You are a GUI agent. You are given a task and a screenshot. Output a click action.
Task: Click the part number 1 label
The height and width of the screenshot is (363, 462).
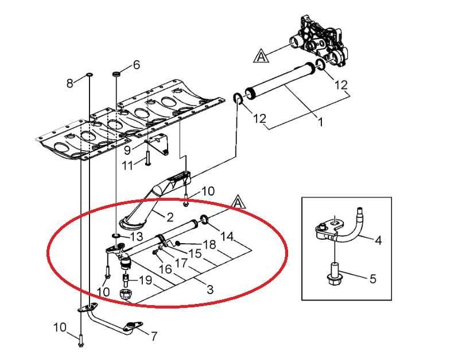[x=320, y=122]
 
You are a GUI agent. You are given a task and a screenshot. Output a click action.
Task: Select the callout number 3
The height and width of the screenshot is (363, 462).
[x=210, y=290]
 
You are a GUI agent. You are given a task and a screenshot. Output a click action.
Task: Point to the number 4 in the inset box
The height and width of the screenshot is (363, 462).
[x=378, y=240]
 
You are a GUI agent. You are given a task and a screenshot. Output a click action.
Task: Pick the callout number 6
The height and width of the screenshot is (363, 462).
[x=136, y=65]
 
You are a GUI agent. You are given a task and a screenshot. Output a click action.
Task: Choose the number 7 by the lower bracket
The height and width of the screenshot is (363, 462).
[x=153, y=336]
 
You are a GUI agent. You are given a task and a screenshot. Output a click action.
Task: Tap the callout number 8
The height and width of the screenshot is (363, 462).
[x=69, y=83]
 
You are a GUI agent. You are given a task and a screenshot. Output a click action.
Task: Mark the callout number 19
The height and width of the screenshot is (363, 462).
[x=146, y=280]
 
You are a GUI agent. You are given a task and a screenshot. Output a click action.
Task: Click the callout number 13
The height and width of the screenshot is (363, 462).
[x=136, y=236]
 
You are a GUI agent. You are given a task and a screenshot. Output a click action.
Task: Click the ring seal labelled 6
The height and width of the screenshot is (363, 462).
[x=117, y=73]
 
